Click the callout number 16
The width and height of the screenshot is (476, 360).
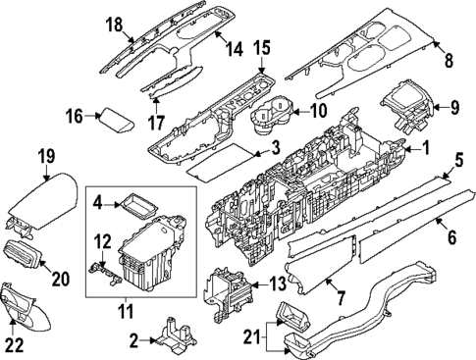click(x=75, y=116)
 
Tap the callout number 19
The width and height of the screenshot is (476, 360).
click(x=47, y=156)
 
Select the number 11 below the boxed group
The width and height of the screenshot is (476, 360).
click(x=126, y=311)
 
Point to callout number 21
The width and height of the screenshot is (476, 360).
click(x=252, y=335)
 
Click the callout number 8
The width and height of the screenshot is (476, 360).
click(x=449, y=61)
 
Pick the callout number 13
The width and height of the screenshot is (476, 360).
click(x=277, y=284)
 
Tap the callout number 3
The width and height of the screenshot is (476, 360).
click(x=276, y=148)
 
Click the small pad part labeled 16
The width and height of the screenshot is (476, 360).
click(x=117, y=121)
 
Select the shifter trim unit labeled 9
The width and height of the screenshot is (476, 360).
click(x=407, y=106)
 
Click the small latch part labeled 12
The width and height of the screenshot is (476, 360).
click(x=105, y=272)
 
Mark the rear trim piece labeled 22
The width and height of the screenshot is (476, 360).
click(x=26, y=305)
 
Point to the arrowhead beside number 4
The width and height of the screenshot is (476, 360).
click(x=119, y=205)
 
